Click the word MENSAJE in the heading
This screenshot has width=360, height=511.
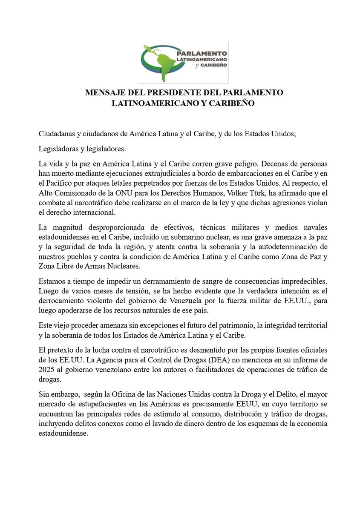click(x=105, y=93)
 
